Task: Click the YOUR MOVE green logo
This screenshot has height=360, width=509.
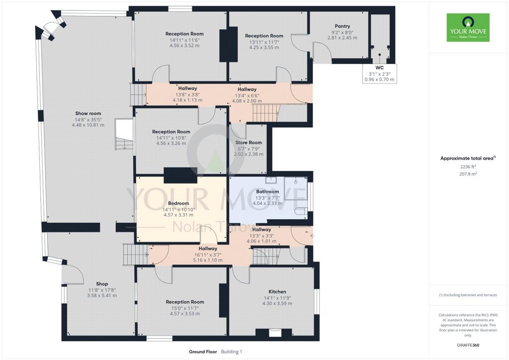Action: click(x=468, y=27)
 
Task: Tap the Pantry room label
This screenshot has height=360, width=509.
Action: click(x=342, y=26)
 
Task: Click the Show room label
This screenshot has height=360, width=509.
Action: click(x=88, y=113)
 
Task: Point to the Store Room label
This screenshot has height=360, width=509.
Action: click(x=248, y=143)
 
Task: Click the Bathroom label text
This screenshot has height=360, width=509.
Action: click(x=267, y=191)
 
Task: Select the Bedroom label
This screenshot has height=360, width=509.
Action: click(x=178, y=203)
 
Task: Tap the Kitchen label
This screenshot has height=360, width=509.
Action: click(x=277, y=292)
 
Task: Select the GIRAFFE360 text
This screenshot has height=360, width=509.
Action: click(x=467, y=345)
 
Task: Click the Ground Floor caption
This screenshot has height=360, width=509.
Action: click(x=203, y=352)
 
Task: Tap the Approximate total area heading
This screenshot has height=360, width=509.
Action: click(x=466, y=158)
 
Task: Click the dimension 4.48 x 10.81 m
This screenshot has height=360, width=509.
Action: click(x=88, y=125)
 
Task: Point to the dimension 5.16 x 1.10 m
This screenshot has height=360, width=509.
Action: click(x=208, y=260)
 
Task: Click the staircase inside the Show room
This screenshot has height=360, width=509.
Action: click(x=124, y=134)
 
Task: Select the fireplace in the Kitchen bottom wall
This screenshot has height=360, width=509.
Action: click(x=274, y=333)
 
